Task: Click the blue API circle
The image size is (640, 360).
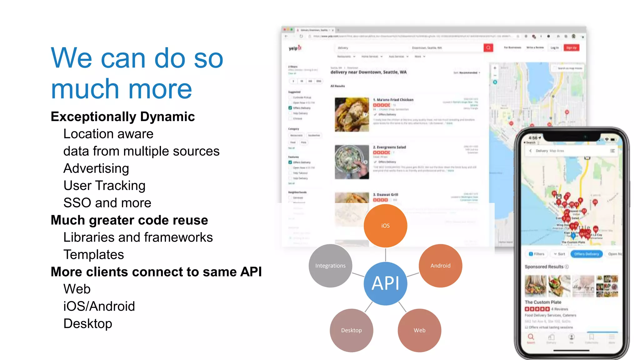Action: pyautogui.click(x=385, y=283)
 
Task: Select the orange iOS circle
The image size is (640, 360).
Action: pyautogui.click(x=385, y=226)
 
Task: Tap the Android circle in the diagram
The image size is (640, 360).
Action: pyautogui.click(x=440, y=266)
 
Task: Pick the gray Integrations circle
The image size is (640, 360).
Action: pyautogui.click(x=330, y=266)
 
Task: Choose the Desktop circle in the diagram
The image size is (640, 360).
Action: pyautogui.click(x=351, y=330)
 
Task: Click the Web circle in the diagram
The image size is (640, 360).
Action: pyautogui.click(x=419, y=330)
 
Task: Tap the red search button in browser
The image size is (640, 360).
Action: pyautogui.click(x=488, y=47)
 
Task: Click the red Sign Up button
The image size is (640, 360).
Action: pyautogui.click(x=571, y=48)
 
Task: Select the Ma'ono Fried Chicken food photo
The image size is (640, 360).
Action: pyautogui.click(x=352, y=114)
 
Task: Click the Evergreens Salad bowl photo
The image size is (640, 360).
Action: pyautogui.click(x=352, y=162)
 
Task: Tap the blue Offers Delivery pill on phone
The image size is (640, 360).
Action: pyautogui.click(x=586, y=254)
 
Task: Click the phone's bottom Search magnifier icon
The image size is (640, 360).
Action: pyautogui.click(x=531, y=337)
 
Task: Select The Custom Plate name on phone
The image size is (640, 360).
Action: pyautogui.click(x=543, y=302)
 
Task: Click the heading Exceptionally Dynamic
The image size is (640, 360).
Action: pyautogui.click(x=123, y=117)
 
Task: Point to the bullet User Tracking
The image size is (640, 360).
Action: pyautogui.click(x=104, y=186)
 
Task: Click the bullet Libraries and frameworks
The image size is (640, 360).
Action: pyautogui.click(x=138, y=237)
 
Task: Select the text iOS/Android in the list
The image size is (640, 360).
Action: pyautogui.click(x=99, y=306)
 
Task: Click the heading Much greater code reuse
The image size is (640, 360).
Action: pyautogui.click(x=129, y=220)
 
